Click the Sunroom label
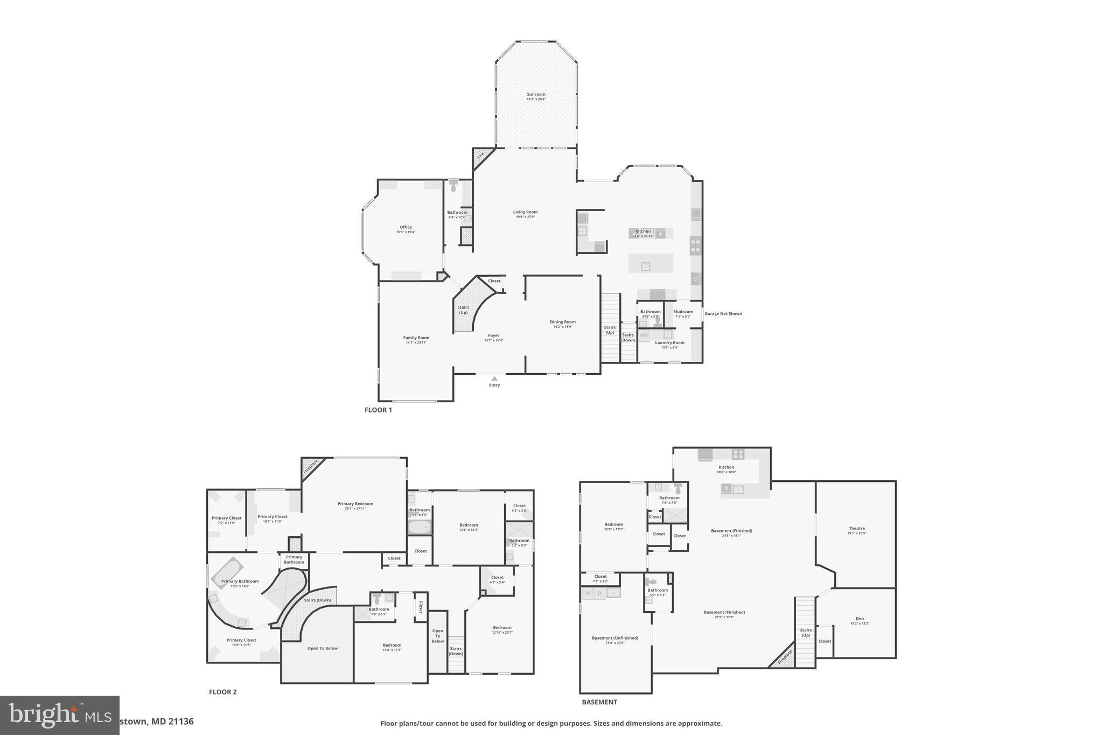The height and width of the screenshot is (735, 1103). pyautogui.click(x=536, y=95)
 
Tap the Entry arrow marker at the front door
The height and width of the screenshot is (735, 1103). pyautogui.click(x=494, y=379)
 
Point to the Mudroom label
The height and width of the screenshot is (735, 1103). pyautogui.click(x=683, y=312)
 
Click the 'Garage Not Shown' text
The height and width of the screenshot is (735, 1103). pyautogui.click(x=723, y=313)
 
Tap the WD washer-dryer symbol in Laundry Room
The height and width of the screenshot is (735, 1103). pyautogui.click(x=644, y=335)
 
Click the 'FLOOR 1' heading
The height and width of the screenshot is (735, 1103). pyautogui.click(x=378, y=410)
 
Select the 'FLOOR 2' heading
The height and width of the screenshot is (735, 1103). pyautogui.click(x=222, y=692)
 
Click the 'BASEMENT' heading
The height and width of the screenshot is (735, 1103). pyautogui.click(x=599, y=702)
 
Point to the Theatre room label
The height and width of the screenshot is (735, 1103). pyautogui.click(x=856, y=529)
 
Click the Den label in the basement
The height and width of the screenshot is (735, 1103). pyautogui.click(x=860, y=619)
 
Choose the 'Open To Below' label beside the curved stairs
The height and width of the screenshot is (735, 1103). pyautogui.click(x=323, y=648)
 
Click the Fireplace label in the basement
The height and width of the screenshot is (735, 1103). pyautogui.click(x=785, y=656)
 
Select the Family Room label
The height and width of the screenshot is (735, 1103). pyautogui.click(x=416, y=338)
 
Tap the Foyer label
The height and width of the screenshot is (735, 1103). pyautogui.click(x=493, y=336)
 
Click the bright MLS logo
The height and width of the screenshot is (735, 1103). pyautogui.click(x=59, y=715)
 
